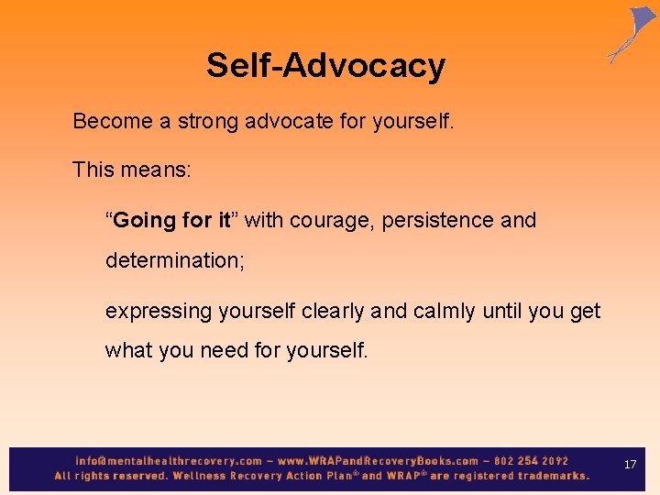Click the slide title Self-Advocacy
325,66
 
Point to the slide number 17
630,465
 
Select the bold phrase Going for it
171,221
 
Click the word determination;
175,260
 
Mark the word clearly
329,312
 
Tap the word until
501,312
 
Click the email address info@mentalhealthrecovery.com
169,461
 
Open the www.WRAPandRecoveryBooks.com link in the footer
378,461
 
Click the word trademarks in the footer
553,476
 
